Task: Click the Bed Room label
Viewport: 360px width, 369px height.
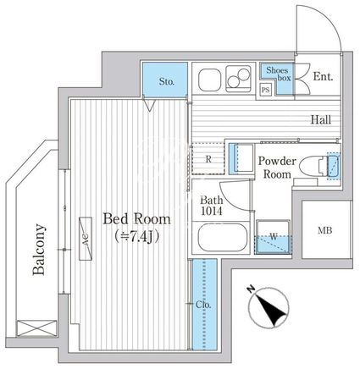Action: (x=136, y=219)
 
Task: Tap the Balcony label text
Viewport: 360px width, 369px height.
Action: (x=39, y=250)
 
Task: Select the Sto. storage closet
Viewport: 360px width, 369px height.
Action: (x=165, y=80)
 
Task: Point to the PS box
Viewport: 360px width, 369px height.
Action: (x=265, y=91)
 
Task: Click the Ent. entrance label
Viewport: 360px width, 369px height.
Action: (x=323, y=76)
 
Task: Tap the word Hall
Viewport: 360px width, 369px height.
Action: (x=321, y=120)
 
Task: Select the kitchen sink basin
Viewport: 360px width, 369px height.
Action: (x=209, y=80)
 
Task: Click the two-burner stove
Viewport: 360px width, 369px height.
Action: (x=239, y=79)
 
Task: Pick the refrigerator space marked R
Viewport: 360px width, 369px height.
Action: (x=208, y=159)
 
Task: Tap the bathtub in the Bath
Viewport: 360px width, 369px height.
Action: (x=223, y=237)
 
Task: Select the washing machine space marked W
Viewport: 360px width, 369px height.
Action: (x=273, y=237)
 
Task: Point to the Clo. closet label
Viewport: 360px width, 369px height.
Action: (x=203, y=305)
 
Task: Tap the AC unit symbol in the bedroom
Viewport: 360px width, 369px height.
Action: (x=86, y=239)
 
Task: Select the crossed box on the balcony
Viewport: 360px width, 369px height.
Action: (x=36, y=328)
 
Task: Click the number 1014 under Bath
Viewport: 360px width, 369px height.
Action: (x=212, y=211)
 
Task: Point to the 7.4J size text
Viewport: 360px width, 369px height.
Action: (x=137, y=236)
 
